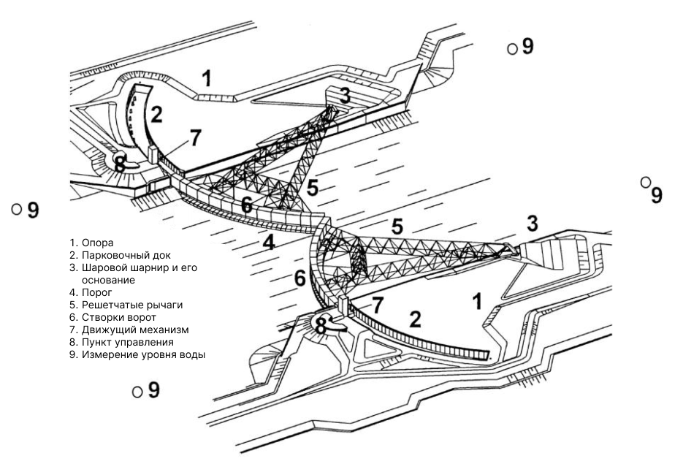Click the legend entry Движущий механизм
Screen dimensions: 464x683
tap(123, 330)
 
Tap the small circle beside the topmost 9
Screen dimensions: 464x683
tap(512, 48)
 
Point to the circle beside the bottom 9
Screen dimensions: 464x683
tap(137, 392)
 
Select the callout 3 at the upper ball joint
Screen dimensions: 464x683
tap(344, 96)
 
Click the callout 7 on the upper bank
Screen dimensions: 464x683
tap(194, 138)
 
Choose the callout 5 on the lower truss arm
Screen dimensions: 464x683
tap(397, 225)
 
